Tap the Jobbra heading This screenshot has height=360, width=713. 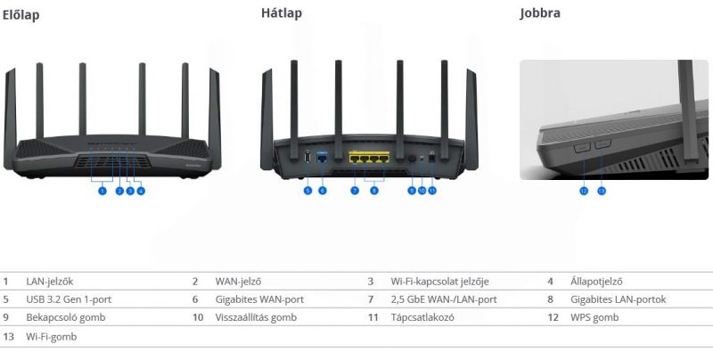tap(540, 13)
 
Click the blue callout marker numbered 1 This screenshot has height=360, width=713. tap(102, 190)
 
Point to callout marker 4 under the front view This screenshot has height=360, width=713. tap(141, 190)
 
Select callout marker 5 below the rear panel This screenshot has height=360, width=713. tap(307, 190)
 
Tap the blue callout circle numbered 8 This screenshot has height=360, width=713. tap(374, 190)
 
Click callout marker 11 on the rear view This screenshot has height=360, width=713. tap(432, 190)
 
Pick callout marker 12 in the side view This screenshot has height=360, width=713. tap(584, 191)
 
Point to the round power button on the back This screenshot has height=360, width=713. tap(412, 158)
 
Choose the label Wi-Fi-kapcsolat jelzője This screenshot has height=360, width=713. tap(439, 281)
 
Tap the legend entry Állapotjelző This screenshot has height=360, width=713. tap(596, 281)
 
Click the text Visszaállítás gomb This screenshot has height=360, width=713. tap(256, 317)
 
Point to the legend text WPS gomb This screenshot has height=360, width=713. tap(594, 317)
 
